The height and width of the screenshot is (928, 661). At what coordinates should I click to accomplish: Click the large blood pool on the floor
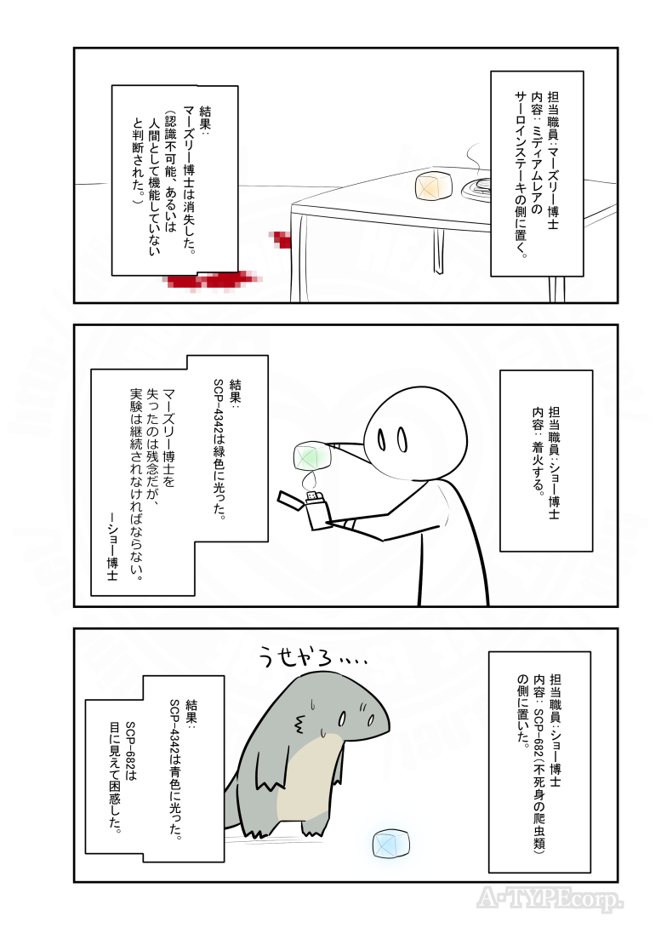pyautogui.click(x=208, y=279)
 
